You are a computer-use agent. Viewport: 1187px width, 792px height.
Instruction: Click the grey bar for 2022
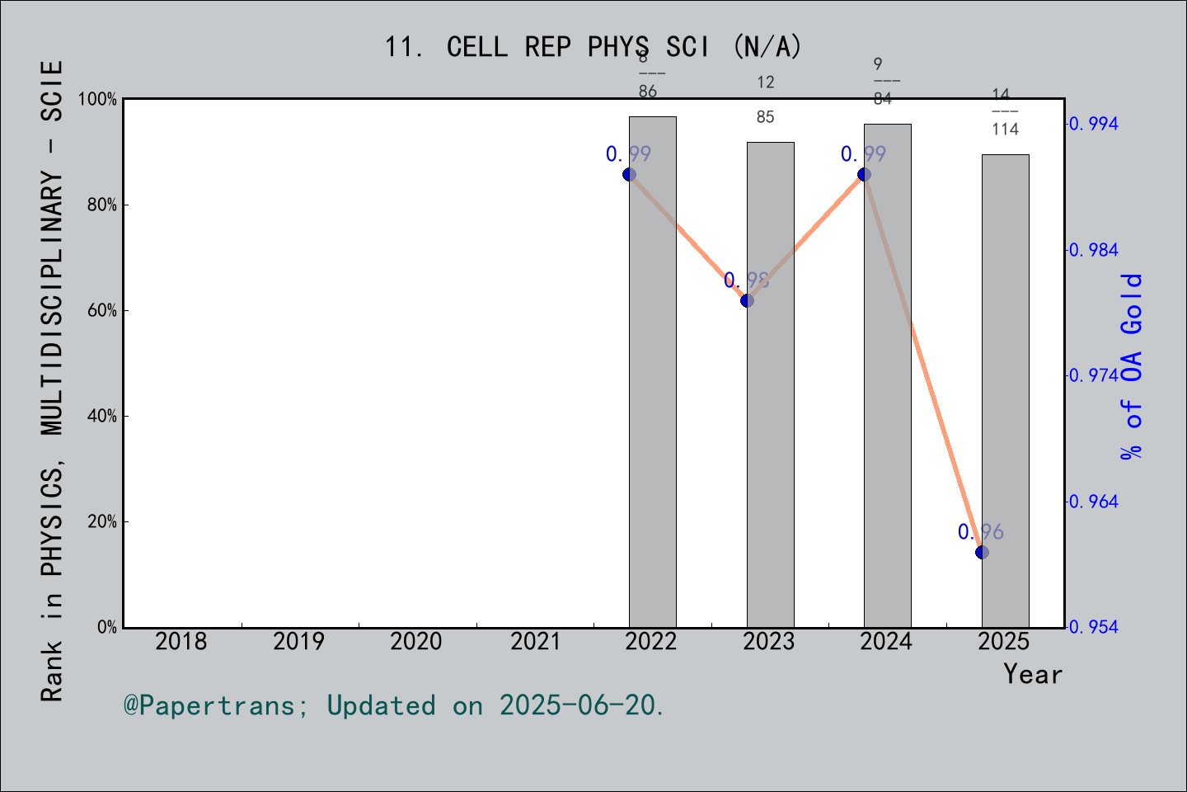pos(652,371)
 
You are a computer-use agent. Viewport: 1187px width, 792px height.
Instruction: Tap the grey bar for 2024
pos(887,375)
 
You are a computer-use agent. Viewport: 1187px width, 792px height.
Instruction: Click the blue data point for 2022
pos(629,174)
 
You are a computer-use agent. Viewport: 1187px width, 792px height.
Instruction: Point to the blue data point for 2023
pos(747,300)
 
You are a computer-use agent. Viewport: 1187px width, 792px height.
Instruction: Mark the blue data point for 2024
pos(864,174)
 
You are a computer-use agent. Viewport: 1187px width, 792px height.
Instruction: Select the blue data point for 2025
pos(982,552)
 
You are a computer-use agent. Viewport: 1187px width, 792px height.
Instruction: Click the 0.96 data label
pos(980,532)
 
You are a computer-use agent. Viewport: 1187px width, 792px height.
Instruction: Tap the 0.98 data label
pos(746,280)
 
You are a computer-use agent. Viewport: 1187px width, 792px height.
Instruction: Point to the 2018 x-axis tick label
pos(181,641)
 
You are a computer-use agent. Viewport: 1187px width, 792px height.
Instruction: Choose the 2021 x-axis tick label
pos(535,641)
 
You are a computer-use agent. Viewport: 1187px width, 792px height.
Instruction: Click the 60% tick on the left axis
pos(102,310)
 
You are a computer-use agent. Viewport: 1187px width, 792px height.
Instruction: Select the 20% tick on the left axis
pos(102,521)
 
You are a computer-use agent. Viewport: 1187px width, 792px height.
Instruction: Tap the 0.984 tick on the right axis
pos(1094,250)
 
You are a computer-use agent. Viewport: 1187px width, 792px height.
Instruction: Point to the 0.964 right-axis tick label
pos(1094,502)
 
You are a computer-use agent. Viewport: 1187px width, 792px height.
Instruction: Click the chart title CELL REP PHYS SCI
pos(593,47)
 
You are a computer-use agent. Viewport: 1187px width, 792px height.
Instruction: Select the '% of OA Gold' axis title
pos(1132,366)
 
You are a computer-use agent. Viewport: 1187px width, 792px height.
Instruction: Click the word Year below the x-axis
pos(1032,674)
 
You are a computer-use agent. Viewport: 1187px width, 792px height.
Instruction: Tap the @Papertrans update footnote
pos(394,705)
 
